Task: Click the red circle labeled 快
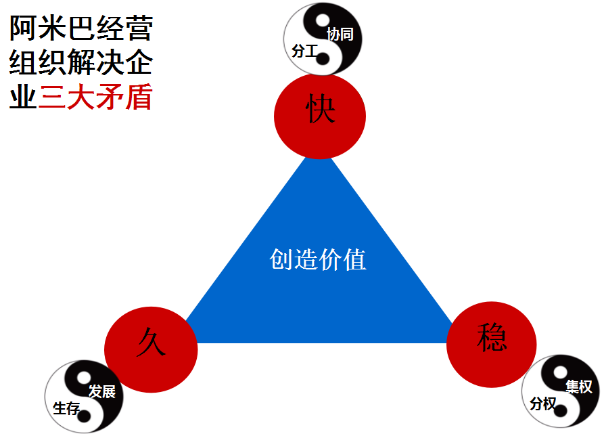[320, 116]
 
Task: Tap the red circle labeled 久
[151, 349]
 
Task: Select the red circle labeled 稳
[492, 344]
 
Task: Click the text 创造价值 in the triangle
[318, 259]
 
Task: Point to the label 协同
[340, 34]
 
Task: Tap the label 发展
[102, 391]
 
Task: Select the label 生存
[66, 408]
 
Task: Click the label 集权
[578, 387]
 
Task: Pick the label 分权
[543, 404]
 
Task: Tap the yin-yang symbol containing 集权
[561, 392]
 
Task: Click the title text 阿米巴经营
[81, 29]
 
